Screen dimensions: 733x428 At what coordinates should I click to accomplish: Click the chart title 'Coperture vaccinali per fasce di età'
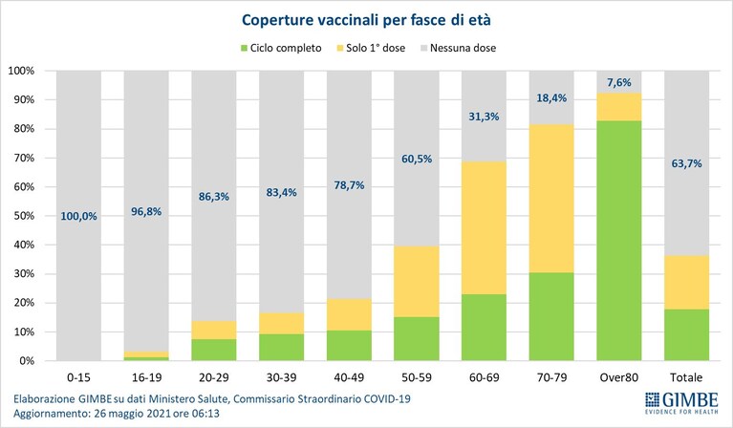click(x=366, y=20)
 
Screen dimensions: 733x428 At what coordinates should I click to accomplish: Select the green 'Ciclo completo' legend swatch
click(x=244, y=48)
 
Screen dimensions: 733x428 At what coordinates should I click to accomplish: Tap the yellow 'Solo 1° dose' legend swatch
click(x=340, y=48)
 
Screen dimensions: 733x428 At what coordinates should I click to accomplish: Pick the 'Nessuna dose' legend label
click(x=463, y=48)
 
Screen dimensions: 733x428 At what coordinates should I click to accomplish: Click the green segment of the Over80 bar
click(x=619, y=241)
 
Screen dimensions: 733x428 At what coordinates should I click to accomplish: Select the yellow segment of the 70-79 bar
click(x=551, y=199)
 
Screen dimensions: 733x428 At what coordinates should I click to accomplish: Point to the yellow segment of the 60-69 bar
click(x=484, y=228)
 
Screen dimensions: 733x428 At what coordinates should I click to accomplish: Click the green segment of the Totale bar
click(x=687, y=335)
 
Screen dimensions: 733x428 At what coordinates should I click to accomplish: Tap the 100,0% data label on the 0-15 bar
click(x=78, y=216)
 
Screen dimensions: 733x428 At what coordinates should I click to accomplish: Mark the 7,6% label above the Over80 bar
click(x=619, y=83)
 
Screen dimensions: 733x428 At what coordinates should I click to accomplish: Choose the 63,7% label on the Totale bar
click(x=687, y=163)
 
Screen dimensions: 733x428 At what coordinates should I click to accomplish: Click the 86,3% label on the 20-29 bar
click(x=214, y=197)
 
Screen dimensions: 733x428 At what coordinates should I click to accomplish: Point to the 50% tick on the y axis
click(x=22, y=216)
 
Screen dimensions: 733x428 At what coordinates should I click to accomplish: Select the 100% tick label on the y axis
click(x=22, y=71)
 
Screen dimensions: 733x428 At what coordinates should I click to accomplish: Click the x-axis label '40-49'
click(x=349, y=377)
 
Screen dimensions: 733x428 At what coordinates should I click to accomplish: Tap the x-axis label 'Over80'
click(x=619, y=377)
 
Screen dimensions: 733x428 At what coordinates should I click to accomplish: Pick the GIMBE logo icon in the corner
click(x=652, y=400)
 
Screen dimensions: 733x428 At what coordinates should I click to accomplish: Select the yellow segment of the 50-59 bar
click(x=417, y=282)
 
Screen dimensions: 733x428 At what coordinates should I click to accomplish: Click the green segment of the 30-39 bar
click(x=281, y=347)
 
